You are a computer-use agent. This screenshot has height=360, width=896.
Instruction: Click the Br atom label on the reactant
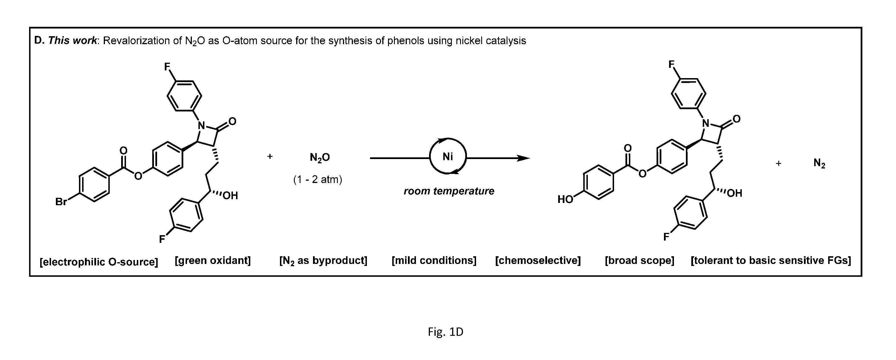[61, 202]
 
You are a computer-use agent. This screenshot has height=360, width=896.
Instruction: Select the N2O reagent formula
[320, 158]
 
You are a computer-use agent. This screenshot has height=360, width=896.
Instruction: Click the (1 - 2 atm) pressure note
[318, 180]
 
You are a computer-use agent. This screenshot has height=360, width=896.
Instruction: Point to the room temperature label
[449, 191]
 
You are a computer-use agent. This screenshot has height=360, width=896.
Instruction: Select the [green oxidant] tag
[212, 261]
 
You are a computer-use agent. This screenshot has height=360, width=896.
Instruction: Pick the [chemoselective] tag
[538, 261]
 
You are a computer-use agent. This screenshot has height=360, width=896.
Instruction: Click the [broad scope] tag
[639, 261]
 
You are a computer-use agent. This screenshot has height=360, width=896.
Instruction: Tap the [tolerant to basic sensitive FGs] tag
[771, 261]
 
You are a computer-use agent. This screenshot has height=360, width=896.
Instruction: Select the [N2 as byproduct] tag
[323, 261]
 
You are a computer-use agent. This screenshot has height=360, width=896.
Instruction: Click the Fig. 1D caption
[446, 332]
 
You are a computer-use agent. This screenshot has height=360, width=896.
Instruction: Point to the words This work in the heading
[72, 40]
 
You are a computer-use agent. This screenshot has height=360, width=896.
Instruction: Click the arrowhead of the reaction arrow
[523, 158]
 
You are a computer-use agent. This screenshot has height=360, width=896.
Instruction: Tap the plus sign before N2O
[270, 156]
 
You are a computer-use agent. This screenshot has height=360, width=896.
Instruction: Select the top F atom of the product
[671, 64]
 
